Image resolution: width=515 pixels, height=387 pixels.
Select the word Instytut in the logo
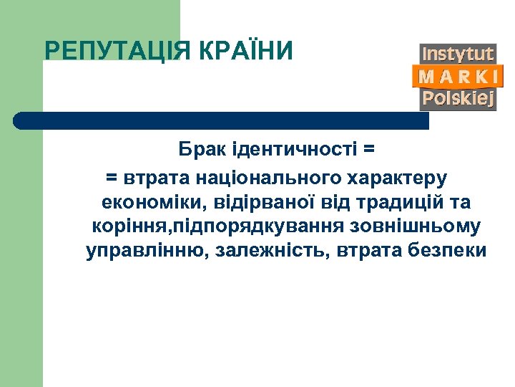click(x=458, y=54)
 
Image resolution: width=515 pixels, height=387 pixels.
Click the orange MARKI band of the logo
click(x=458, y=77)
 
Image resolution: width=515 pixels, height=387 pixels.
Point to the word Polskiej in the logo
click(x=458, y=99)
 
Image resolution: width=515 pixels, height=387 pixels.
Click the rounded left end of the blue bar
click(x=21, y=120)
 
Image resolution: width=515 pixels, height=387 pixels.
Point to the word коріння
click(x=121, y=226)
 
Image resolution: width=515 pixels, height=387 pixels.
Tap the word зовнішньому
click(x=416, y=226)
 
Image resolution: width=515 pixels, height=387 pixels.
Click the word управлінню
click(x=143, y=252)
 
